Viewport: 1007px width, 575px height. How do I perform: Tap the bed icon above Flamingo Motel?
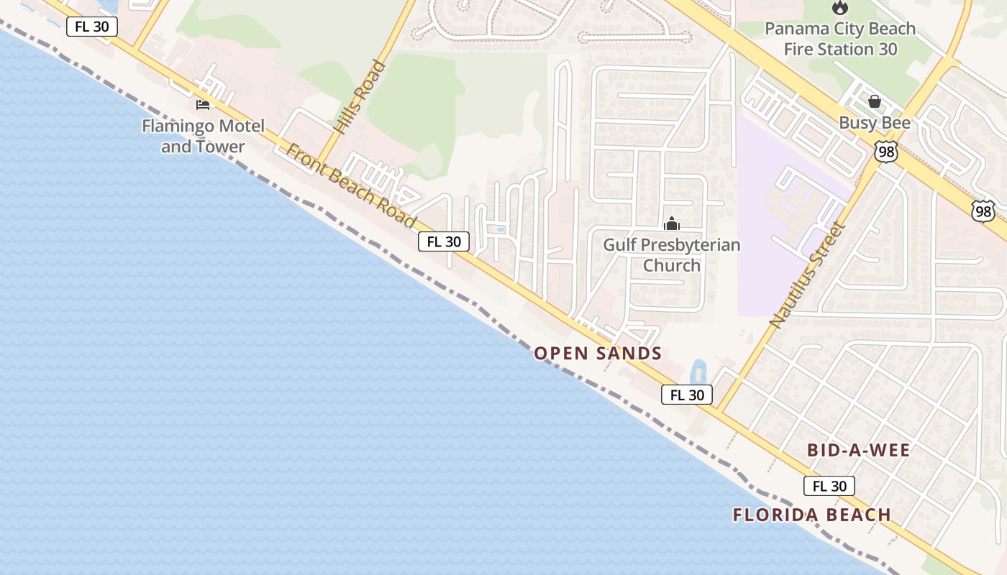(x=203, y=105)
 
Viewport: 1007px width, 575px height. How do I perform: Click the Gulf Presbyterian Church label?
(x=672, y=254)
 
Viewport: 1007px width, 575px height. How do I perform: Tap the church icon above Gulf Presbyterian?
(x=672, y=224)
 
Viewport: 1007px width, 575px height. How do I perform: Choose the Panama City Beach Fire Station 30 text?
(x=840, y=39)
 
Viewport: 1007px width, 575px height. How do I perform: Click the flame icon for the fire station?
(x=839, y=8)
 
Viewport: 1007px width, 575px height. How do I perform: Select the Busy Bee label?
(x=875, y=123)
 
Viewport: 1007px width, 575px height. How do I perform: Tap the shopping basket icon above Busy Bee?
(x=875, y=101)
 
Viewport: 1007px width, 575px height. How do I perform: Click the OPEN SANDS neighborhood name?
(x=598, y=353)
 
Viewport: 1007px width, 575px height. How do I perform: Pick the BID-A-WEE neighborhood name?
(x=859, y=451)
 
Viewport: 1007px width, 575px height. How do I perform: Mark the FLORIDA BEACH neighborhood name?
(x=812, y=515)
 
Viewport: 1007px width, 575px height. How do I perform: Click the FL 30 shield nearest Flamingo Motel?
(x=91, y=27)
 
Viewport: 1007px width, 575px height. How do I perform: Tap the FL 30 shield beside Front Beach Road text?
(x=444, y=241)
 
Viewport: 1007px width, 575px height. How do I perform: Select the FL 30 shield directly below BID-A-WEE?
(x=829, y=486)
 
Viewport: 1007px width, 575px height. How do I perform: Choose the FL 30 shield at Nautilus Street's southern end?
(x=687, y=395)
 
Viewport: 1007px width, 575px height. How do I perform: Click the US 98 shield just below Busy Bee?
(x=886, y=151)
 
